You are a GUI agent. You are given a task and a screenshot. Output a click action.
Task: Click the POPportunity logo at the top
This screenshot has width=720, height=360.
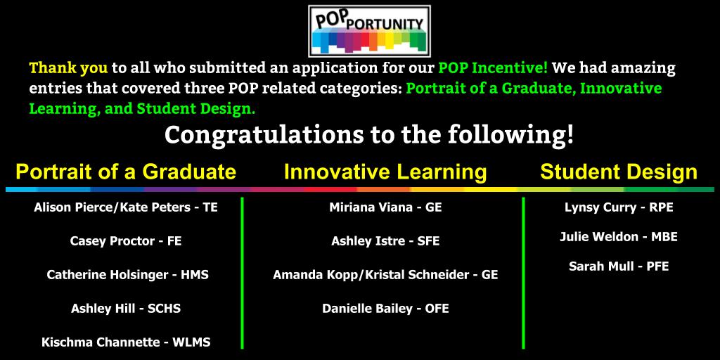tap(369, 31)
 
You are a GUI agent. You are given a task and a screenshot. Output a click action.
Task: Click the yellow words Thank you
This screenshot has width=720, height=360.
tap(68, 68)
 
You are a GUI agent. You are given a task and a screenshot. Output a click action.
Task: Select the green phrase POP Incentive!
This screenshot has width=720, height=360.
tap(493, 68)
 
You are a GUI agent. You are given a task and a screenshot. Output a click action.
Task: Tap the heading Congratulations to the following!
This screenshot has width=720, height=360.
tap(369, 134)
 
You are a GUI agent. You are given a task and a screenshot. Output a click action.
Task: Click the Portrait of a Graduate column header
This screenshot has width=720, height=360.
tap(126, 172)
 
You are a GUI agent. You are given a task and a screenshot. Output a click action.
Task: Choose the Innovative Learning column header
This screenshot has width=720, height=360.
tap(385, 172)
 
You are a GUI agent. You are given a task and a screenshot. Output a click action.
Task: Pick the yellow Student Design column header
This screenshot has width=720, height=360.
tap(619, 172)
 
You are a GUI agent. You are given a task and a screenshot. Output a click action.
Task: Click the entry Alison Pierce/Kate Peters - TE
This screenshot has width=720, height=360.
tap(126, 208)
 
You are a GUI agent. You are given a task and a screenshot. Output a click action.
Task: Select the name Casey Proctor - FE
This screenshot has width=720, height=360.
tap(126, 241)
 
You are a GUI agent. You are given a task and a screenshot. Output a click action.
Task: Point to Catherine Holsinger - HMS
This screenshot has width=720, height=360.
tap(127, 275)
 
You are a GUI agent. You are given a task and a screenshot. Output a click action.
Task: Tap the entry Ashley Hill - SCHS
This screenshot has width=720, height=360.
tap(126, 309)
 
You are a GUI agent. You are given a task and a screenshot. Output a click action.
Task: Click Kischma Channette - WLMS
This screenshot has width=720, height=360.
tap(126, 342)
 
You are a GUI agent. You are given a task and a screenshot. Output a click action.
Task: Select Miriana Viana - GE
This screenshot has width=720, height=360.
tap(385, 208)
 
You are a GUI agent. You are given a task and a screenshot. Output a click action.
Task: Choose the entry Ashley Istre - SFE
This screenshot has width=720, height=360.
tap(385, 241)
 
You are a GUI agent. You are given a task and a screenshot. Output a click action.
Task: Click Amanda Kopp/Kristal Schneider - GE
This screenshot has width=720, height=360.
tap(385, 275)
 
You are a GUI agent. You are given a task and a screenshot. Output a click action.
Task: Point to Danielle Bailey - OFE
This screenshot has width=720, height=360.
tap(385, 309)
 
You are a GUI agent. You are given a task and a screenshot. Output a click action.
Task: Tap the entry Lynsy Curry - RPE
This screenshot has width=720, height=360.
tap(619, 208)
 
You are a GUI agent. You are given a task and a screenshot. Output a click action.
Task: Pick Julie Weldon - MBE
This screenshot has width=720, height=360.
tap(619, 237)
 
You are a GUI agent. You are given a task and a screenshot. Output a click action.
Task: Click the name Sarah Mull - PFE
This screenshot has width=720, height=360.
tap(619, 266)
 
